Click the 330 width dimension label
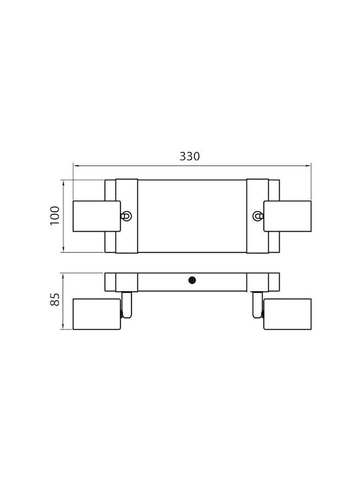(x=189, y=156)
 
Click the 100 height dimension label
(x=55, y=216)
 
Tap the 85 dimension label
(x=55, y=299)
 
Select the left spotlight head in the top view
(x=97, y=216)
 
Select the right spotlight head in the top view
(x=287, y=216)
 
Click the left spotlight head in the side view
(x=97, y=314)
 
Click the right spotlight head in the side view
(x=287, y=314)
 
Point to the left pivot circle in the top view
(x=127, y=216)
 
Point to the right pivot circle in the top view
(x=257, y=216)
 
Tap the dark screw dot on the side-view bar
(x=192, y=280)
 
